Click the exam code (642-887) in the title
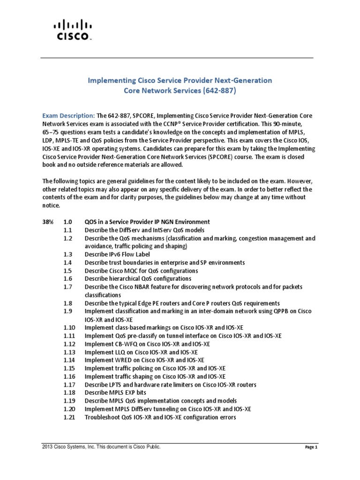pos(217,91)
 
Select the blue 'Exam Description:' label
pos(68,115)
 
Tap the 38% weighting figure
pos(49,222)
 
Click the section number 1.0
pos(68,222)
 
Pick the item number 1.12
pos(70,344)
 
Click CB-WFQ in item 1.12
pos(124,344)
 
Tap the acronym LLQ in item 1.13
pos(119,352)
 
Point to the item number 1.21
pos(70,417)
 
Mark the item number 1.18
pos(70,393)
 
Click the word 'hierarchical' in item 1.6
pos(124,279)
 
